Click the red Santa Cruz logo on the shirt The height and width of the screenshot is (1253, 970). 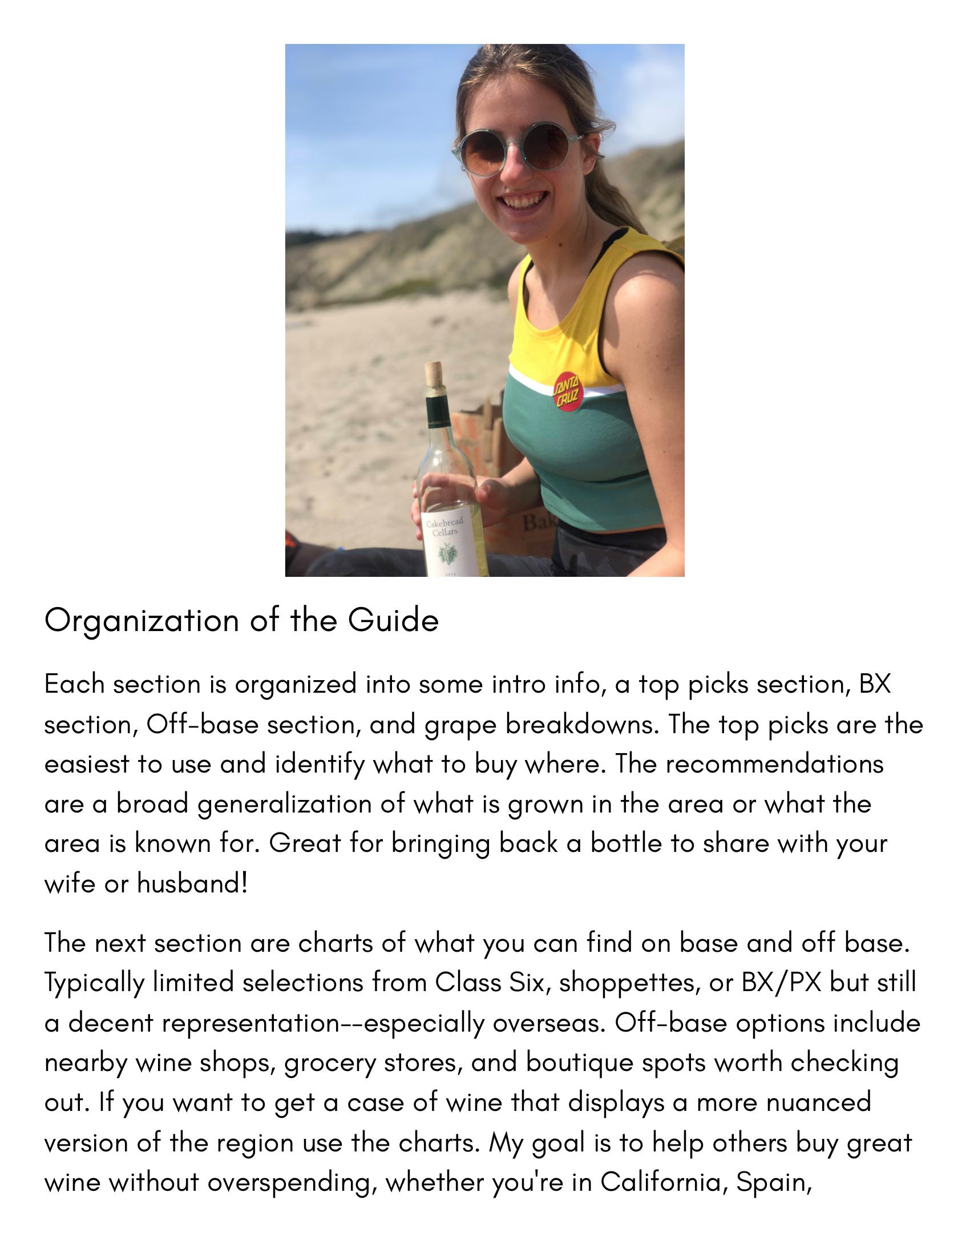(x=568, y=392)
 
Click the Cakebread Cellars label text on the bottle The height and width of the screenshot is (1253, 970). (x=444, y=527)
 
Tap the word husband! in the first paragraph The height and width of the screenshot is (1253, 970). (x=192, y=883)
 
